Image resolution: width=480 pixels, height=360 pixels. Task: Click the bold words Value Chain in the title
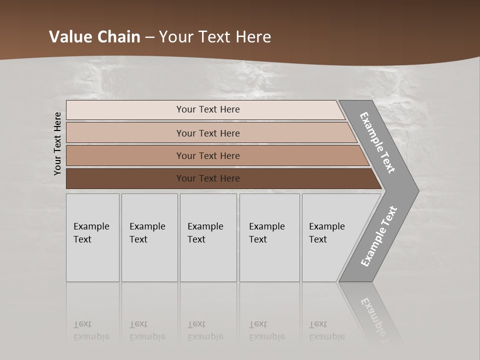point(94,37)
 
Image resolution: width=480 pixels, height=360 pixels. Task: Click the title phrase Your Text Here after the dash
point(215,37)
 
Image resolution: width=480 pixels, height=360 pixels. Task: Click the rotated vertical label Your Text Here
point(57,143)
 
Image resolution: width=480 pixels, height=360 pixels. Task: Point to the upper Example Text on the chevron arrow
point(377,142)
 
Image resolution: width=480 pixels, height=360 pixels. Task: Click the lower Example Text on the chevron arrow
point(378,236)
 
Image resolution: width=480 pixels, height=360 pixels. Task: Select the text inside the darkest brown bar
point(208,178)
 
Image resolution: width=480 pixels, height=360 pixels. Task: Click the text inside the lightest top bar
point(208,109)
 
